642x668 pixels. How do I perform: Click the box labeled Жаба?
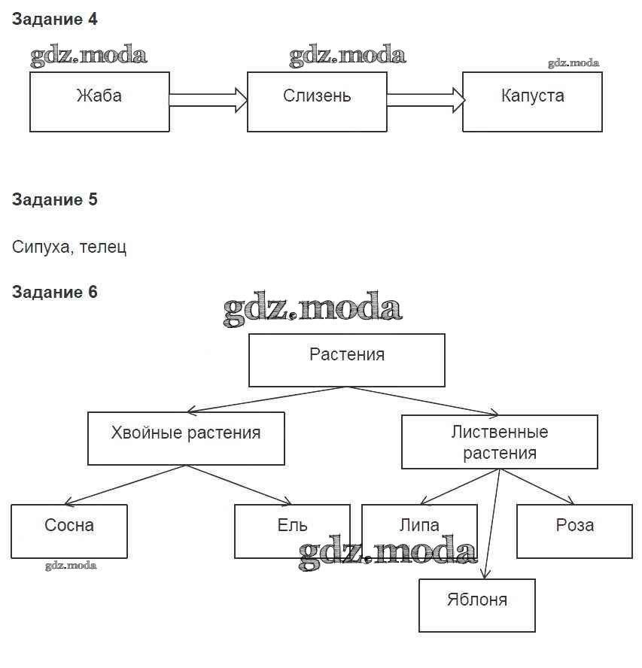99,102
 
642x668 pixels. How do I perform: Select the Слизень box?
317,102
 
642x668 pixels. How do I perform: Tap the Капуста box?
532,102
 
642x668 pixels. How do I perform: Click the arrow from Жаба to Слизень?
208,99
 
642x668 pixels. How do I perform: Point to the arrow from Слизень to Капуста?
424,99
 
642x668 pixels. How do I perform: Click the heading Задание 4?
55,20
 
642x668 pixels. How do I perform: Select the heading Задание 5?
55,200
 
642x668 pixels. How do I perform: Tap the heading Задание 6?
55,292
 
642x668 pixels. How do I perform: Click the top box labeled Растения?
347,360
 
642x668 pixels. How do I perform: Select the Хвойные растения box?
186,438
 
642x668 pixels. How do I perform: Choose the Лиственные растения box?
500,442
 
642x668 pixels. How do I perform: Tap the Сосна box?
69,531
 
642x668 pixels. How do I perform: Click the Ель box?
292,531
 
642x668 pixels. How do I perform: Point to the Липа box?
419,530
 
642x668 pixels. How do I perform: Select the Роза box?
574,531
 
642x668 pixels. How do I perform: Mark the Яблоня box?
477,605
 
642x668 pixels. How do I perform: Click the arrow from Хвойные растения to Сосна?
124,484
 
